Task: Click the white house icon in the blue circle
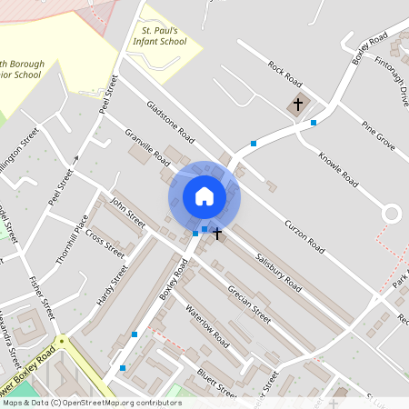[204, 196]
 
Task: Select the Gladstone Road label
[171, 122]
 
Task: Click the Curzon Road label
[304, 235]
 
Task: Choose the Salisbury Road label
[278, 271]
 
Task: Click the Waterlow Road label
[207, 322]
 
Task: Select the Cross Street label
[105, 238]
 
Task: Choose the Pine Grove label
[378, 134]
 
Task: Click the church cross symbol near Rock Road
[297, 105]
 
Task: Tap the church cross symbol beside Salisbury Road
[217, 234]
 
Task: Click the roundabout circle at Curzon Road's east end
[391, 214]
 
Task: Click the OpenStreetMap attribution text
[91, 403]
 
